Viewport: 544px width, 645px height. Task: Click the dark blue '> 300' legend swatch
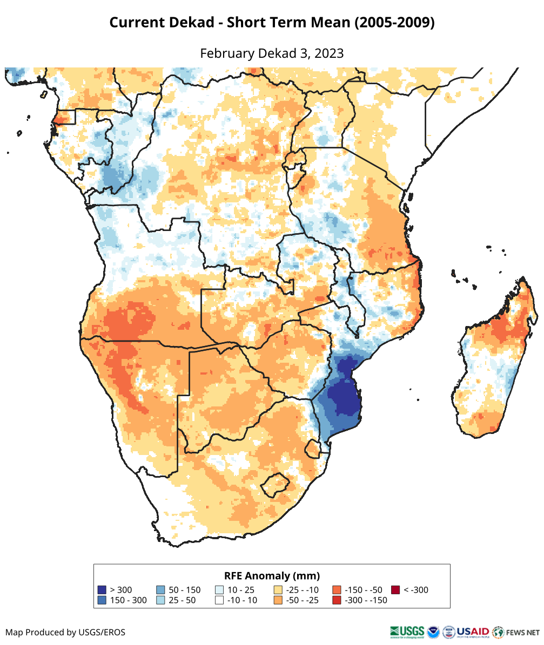click(102, 590)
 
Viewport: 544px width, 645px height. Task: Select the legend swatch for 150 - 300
click(102, 600)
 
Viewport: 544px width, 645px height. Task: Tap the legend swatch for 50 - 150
click(160, 590)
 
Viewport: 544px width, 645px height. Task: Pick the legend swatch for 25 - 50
click(160, 600)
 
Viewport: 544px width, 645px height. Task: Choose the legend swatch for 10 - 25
click(219, 590)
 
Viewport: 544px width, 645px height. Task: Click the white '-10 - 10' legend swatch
click(219, 600)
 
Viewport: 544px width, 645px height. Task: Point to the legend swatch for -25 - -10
click(278, 590)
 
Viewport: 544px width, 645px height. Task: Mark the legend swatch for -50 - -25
click(278, 600)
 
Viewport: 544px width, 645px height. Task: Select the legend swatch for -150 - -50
click(337, 590)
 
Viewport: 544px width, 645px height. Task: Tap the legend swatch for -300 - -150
click(337, 600)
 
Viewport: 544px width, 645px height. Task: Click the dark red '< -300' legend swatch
click(395, 590)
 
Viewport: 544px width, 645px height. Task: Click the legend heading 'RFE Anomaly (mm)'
click(272, 575)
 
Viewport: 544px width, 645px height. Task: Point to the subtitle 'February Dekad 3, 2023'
click(272, 53)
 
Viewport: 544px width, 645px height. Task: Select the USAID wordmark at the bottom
click(473, 632)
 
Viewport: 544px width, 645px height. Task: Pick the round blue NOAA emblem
click(433, 632)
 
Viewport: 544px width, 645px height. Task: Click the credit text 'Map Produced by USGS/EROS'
click(65, 632)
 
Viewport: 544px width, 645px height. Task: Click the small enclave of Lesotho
click(273, 485)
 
